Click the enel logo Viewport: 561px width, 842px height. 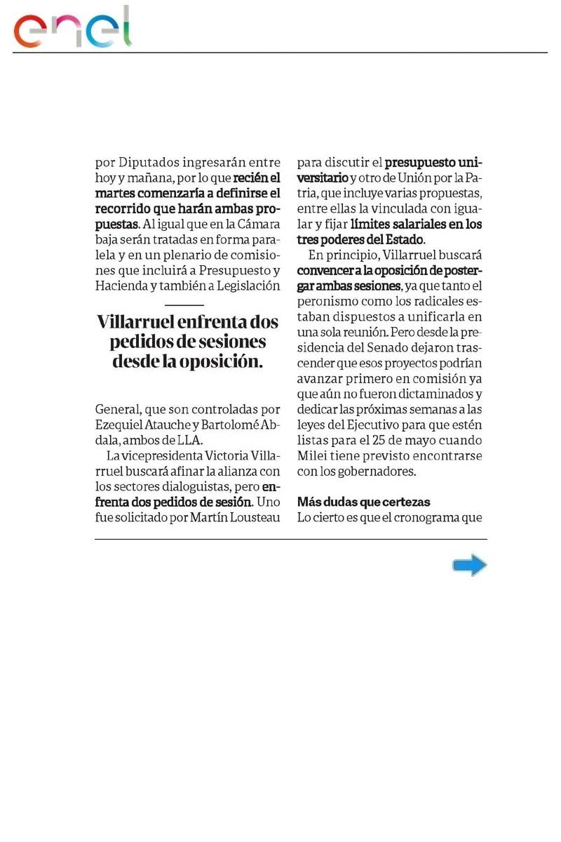pyautogui.click(x=73, y=28)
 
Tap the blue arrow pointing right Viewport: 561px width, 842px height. pyautogui.click(x=469, y=565)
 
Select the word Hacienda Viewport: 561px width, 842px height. pyautogui.click(x=119, y=286)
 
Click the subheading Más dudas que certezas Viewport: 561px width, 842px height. pyautogui.click(x=363, y=502)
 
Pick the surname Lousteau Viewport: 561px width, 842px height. pyautogui.click(x=250, y=518)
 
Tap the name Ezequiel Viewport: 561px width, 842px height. pyautogui.click(x=120, y=425)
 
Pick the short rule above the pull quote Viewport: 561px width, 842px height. pyautogui.click(x=184, y=305)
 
